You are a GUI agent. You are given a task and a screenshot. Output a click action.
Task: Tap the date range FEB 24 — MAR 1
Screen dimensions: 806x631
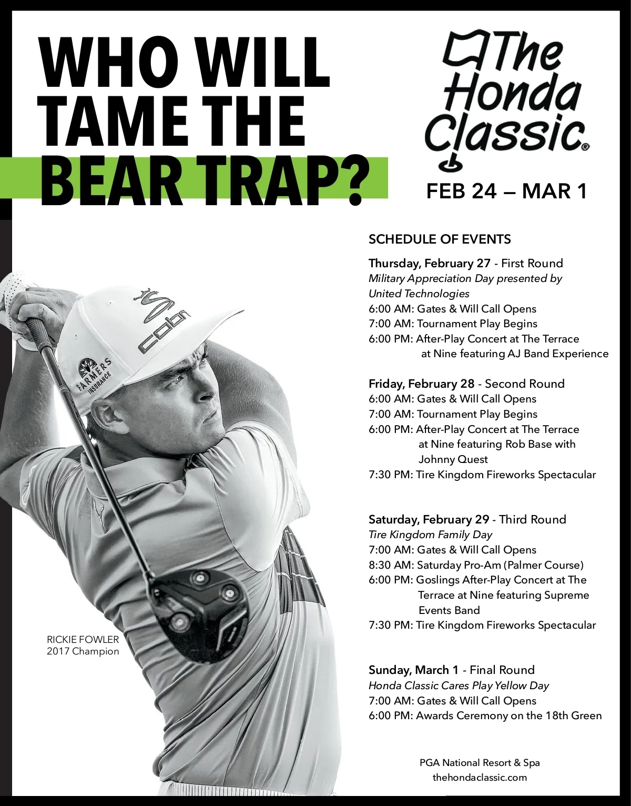click(x=506, y=191)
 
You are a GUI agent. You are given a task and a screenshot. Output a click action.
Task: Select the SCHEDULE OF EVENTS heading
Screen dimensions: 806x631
click(x=440, y=239)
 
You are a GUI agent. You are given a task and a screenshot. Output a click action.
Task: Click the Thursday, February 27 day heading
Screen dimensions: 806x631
click(x=429, y=263)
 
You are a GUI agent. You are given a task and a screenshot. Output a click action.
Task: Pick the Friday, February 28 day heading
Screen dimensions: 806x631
click(x=421, y=384)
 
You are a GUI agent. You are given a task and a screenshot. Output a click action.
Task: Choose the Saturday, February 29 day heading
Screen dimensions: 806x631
click(x=429, y=519)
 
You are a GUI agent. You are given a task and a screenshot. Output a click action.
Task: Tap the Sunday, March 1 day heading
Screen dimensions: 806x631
click(x=413, y=670)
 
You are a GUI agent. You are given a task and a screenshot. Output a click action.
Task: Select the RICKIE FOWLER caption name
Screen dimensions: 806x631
click(x=83, y=640)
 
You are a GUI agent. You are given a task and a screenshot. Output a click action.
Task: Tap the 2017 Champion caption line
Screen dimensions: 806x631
click(x=83, y=652)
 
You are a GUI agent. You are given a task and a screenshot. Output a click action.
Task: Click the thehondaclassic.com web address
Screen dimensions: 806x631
click(x=480, y=777)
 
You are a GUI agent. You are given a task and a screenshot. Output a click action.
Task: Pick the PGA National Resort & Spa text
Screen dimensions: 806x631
click(x=480, y=762)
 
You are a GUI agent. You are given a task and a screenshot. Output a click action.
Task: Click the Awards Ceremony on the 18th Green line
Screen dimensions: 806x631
click(x=485, y=716)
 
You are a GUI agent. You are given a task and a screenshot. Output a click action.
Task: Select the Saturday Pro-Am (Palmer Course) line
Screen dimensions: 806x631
click(x=476, y=565)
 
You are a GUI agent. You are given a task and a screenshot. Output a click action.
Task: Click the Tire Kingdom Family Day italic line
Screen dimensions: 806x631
click(x=430, y=535)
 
